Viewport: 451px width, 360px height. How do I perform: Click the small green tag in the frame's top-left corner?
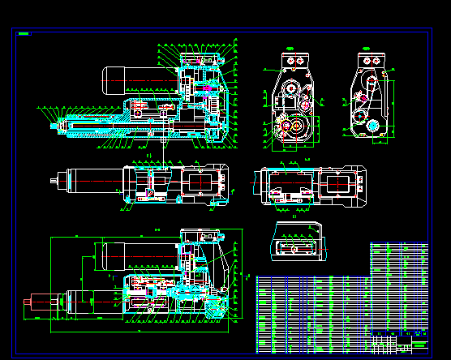tap(24, 34)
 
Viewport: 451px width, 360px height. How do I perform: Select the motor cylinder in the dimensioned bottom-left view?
tap(130, 255)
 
